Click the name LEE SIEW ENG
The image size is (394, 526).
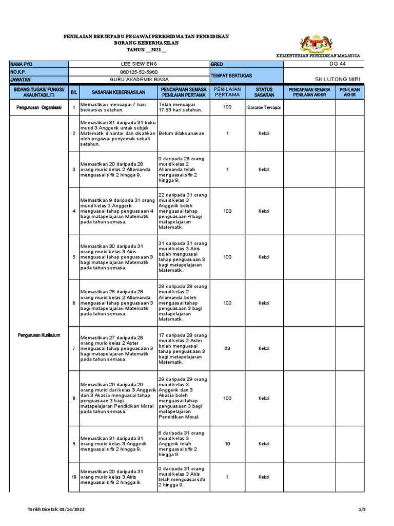tap(139, 64)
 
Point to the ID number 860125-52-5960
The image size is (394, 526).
tap(139, 72)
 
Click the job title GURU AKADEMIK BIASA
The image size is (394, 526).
tap(139, 80)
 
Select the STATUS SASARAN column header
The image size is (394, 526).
tap(264, 92)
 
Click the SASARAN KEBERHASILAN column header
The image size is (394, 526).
tap(119, 92)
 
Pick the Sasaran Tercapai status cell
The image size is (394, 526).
tap(264, 107)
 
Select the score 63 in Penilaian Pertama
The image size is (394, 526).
tap(227, 348)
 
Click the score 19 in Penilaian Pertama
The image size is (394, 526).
tap(227, 443)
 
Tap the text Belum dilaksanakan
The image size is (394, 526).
tap(182, 133)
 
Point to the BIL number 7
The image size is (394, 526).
tap(74, 348)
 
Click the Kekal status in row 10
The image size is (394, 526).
tap(264, 477)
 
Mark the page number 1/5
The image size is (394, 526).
tap(362, 509)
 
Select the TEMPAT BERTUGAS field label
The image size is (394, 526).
tap(231, 76)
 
